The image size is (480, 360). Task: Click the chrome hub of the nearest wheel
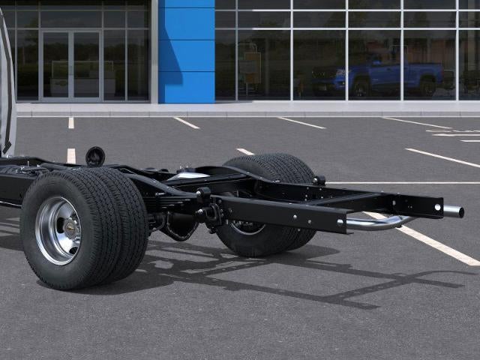click(x=58, y=230)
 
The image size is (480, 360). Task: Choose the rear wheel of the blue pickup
click(x=427, y=87)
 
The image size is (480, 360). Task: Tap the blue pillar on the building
click(x=186, y=51)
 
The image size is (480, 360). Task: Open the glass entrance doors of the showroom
click(x=70, y=65)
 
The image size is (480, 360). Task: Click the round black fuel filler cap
click(x=95, y=156)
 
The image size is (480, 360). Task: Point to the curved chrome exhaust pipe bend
click(x=390, y=222)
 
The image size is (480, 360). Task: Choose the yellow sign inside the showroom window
click(x=252, y=67)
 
